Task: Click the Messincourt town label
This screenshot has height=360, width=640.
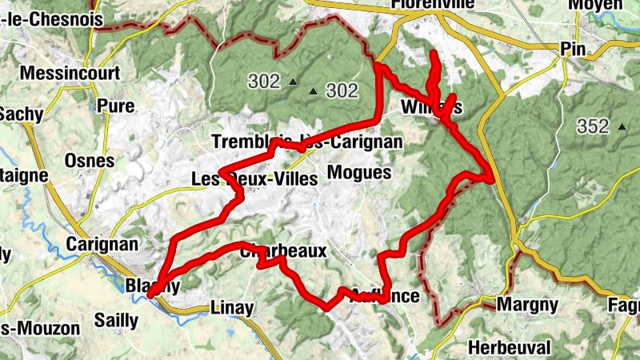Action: click(70, 73)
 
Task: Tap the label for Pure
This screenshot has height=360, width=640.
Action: click(115, 106)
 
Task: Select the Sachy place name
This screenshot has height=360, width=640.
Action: click(21, 114)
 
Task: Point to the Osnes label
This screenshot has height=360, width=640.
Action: click(90, 161)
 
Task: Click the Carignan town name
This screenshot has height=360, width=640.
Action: click(103, 244)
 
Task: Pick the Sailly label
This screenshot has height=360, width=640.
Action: click(117, 320)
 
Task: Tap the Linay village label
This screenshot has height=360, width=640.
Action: click(231, 308)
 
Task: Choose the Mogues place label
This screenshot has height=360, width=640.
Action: click(359, 173)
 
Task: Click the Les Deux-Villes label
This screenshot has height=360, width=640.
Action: click(255, 178)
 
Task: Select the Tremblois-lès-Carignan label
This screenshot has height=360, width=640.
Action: click(307, 142)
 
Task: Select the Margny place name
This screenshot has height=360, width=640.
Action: click(527, 305)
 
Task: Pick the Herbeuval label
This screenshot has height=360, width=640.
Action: click(510, 348)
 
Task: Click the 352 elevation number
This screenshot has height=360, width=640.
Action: click(593, 126)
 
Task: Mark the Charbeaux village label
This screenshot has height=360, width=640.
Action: click(283, 251)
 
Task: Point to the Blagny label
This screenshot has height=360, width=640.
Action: click(152, 286)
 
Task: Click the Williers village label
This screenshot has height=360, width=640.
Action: click(432, 107)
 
